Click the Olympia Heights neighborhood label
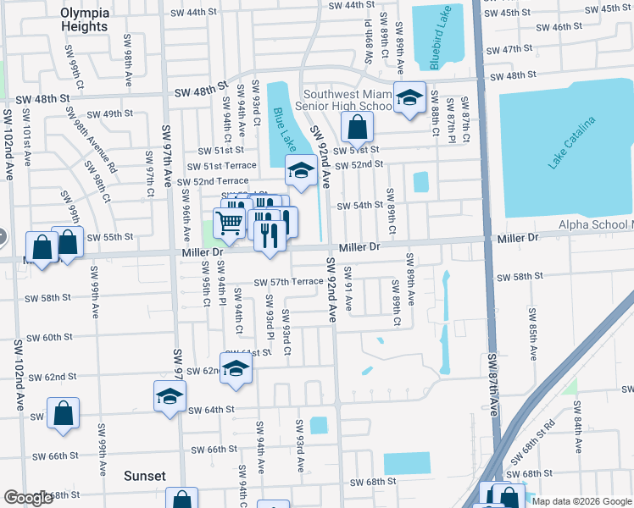(x=84, y=19)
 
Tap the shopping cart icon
(x=230, y=224)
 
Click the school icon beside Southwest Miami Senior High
(x=409, y=98)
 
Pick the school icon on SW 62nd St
(x=236, y=367)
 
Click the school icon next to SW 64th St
(x=170, y=395)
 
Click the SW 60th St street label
(x=49, y=337)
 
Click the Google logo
(x=28, y=498)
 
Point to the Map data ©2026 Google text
(x=581, y=501)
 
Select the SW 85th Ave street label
(x=533, y=339)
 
